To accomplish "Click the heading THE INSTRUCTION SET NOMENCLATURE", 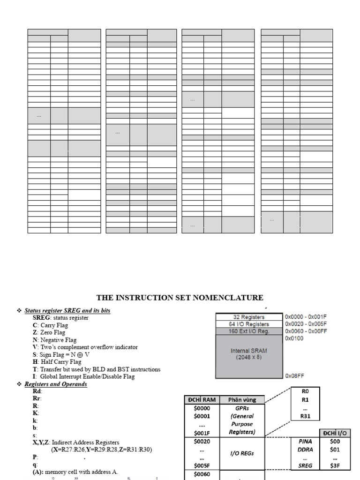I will [x=180, y=298].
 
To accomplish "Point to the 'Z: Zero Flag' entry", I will [x=52, y=332].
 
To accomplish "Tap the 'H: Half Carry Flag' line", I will [x=57, y=362].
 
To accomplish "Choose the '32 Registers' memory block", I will [x=249, y=317].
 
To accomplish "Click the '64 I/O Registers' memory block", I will [x=249, y=324].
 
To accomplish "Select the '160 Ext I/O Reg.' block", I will [x=249, y=331].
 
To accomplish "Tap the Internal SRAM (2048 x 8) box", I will [x=249, y=354].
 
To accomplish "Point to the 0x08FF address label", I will [x=294, y=375].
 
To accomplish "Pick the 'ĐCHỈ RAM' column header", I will [x=201, y=399].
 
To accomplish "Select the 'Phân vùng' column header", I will [x=241, y=399].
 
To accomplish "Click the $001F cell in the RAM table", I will [x=202, y=432].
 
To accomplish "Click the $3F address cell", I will [x=335, y=466].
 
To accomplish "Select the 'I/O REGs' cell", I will [x=241, y=453].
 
